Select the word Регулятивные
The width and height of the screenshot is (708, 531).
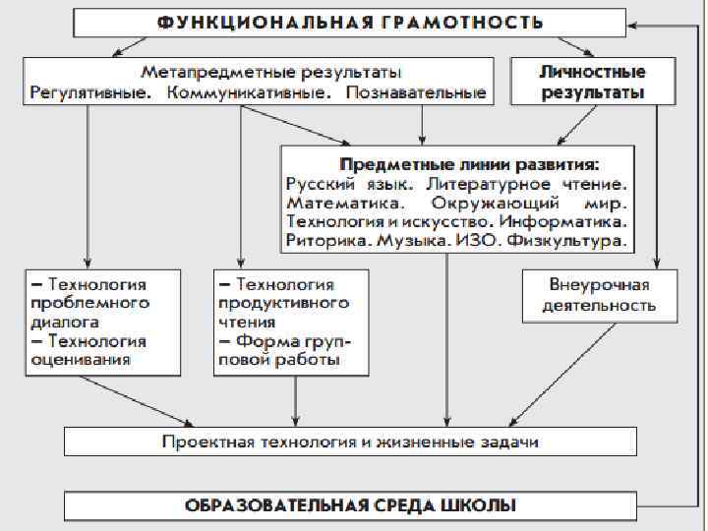coord(90,94)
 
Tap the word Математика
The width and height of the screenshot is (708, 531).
coord(343,203)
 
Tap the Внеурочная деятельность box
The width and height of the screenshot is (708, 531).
coord(599,295)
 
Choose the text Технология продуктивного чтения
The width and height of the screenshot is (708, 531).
coord(284,303)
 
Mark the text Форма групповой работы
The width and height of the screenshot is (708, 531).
coord(284,350)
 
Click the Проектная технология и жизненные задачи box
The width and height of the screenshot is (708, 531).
coord(350,442)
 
